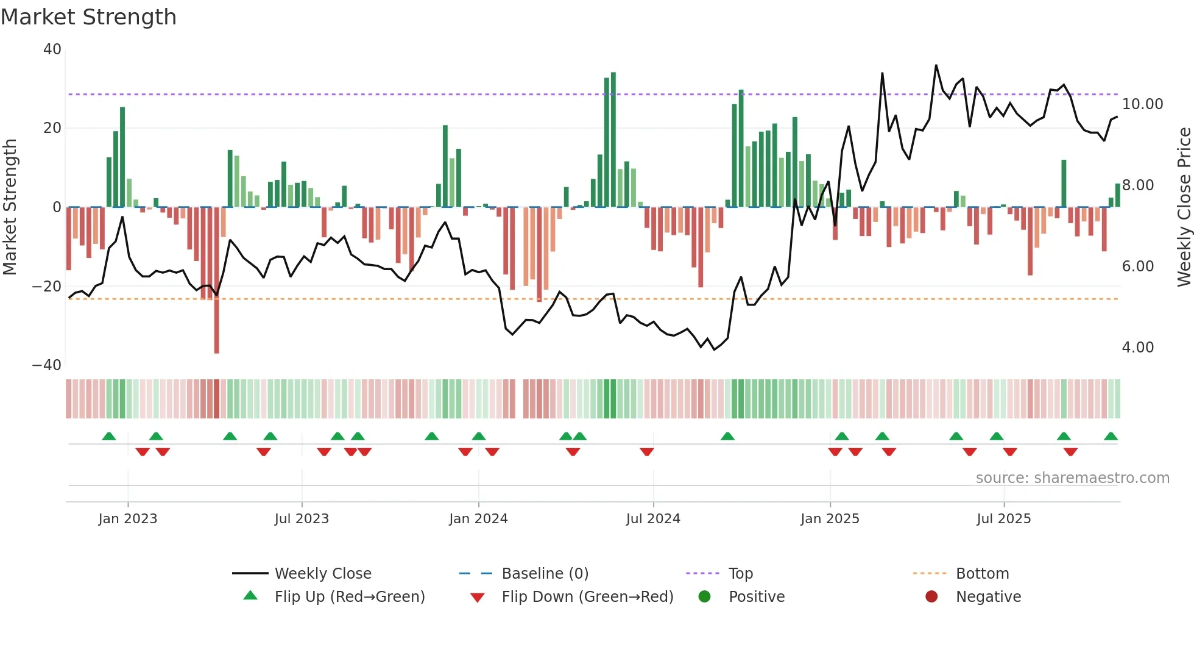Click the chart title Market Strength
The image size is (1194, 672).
pos(88,17)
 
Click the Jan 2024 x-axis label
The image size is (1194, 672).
pos(478,519)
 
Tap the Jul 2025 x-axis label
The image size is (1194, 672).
pos(1003,519)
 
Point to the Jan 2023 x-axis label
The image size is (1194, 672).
pos(128,519)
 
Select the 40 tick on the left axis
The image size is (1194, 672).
pos(52,49)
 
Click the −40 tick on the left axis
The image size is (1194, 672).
pos(47,365)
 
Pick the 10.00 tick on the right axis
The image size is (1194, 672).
pos(1142,104)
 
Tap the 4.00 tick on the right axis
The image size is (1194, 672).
pos(1137,348)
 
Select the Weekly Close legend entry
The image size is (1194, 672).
pos(322,574)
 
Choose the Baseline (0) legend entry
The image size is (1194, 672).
pos(545,574)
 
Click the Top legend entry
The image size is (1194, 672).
pos(740,574)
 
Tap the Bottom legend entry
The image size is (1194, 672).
pos(982,574)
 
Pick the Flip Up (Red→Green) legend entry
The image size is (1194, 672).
pos(349,597)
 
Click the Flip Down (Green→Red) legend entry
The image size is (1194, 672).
pos(587,597)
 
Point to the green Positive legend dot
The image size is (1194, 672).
pos(704,597)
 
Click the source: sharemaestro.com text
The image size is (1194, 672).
pos(1072,478)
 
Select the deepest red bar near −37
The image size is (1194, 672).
pos(216,281)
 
